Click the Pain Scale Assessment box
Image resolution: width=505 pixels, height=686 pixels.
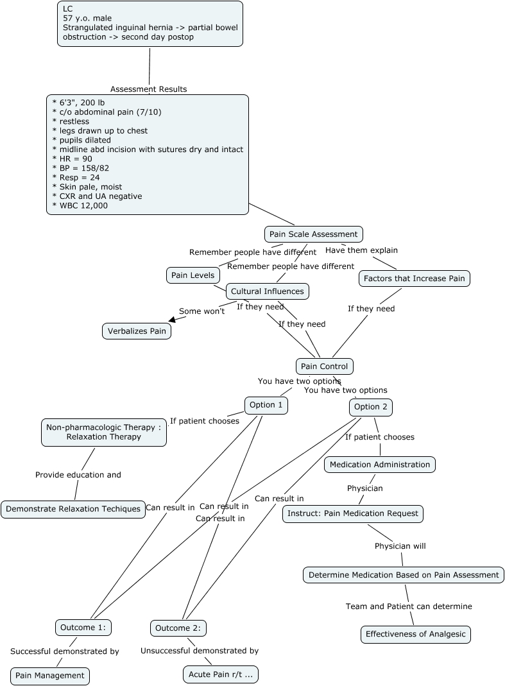314,234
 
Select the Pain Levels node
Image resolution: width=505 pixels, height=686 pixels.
193,275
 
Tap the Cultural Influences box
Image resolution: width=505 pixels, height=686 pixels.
268,291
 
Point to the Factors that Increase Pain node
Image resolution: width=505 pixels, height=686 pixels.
415,279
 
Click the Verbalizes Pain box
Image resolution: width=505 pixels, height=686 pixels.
137,331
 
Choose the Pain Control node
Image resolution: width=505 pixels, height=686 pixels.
324,366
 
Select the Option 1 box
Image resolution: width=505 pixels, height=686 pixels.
266,405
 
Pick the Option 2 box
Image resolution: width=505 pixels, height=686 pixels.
371,407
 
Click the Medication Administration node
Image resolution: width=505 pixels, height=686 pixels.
380,465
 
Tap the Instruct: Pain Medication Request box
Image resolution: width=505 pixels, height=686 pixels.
353,513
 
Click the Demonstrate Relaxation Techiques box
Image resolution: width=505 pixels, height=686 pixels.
73,509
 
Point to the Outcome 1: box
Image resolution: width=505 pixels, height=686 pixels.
83,627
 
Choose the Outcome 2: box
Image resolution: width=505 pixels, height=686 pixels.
178,628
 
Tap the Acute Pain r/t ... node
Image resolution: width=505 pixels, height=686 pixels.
221,674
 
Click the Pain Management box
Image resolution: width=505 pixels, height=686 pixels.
50,676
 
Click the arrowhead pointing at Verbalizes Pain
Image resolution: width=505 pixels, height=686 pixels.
172,318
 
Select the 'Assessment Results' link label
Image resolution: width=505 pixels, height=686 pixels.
148,89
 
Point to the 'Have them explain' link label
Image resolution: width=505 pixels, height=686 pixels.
361,250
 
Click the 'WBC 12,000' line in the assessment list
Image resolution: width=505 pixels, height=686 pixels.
80,205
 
